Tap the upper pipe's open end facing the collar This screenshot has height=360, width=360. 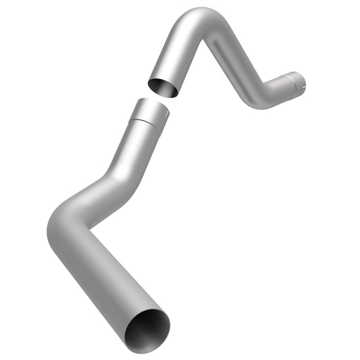click(162, 88)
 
